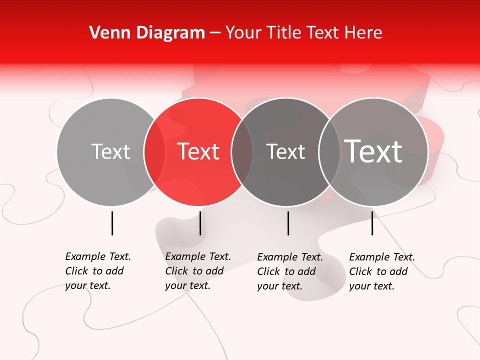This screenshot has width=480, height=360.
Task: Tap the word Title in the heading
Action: tap(282, 32)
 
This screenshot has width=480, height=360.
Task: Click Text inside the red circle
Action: tap(198, 151)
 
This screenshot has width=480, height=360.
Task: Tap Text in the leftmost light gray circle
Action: tap(111, 151)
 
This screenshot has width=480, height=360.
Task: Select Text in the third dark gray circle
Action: tap(285, 151)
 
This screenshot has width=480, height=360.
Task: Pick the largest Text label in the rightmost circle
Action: tap(373, 151)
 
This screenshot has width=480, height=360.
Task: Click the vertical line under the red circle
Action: tap(200, 223)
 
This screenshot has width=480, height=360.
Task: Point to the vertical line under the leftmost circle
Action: tap(112, 223)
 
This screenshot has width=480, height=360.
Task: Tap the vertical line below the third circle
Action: tap(288, 223)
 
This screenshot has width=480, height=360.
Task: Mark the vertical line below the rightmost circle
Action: tap(372, 223)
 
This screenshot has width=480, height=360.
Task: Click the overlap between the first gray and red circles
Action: tap(154, 151)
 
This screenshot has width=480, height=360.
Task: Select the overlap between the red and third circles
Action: tap(242, 151)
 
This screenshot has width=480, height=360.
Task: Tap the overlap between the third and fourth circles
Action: tap(329, 151)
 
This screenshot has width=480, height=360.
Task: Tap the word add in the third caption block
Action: tap(306, 271)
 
